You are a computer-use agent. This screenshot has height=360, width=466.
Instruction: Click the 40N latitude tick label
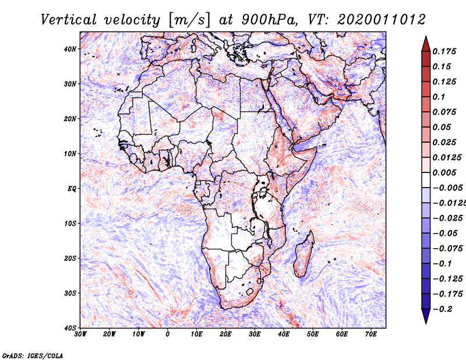(x=69, y=49)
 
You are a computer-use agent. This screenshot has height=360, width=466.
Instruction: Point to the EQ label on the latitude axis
(x=72, y=189)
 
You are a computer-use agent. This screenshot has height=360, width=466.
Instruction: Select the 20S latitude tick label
(x=69, y=258)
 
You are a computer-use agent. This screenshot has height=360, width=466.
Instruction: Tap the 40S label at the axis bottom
(x=69, y=328)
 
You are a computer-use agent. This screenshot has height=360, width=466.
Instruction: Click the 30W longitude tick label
(x=80, y=334)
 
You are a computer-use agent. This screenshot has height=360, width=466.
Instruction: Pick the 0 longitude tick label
(x=168, y=334)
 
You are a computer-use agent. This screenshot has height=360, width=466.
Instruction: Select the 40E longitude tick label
(x=284, y=334)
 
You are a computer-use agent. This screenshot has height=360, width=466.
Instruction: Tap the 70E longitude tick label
(x=371, y=334)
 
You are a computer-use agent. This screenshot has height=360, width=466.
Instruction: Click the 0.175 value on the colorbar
(x=444, y=52)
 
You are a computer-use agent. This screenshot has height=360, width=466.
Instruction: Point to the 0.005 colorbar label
(x=444, y=172)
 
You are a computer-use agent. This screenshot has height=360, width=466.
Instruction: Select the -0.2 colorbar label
(x=442, y=309)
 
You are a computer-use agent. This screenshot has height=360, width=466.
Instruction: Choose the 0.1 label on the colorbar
(x=439, y=97)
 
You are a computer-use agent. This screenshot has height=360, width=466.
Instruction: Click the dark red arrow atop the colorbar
(x=426, y=44)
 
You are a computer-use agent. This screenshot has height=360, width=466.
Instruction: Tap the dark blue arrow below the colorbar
(x=426, y=316)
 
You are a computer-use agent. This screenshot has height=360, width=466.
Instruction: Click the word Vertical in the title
(x=69, y=20)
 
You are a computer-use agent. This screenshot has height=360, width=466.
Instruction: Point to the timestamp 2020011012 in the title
(x=382, y=20)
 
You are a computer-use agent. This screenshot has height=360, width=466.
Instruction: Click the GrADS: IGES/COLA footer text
(x=33, y=355)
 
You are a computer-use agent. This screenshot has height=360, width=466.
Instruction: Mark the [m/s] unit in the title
(x=189, y=20)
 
